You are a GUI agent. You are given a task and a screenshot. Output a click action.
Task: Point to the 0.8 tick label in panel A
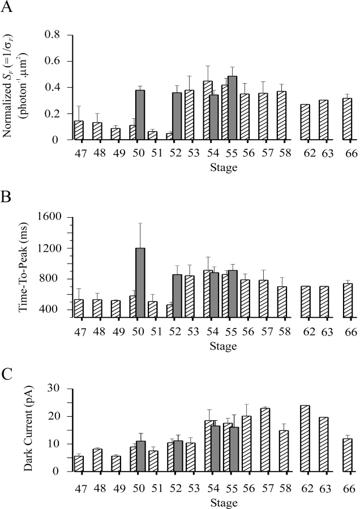(x=52, y=35)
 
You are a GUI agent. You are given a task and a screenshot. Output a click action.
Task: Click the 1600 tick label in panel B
(x=49, y=218)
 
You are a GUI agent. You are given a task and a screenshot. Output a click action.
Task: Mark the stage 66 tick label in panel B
(x=350, y=331)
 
